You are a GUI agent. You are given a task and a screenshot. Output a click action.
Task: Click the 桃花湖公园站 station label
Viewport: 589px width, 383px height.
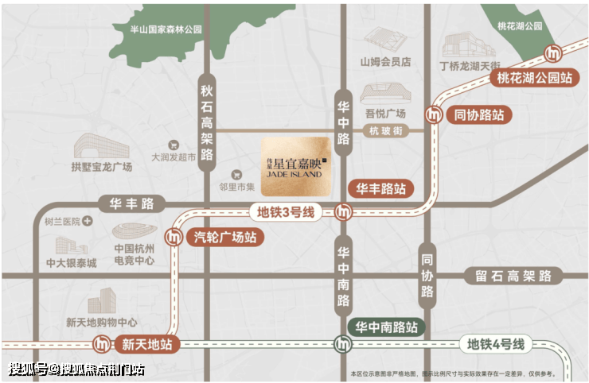534,78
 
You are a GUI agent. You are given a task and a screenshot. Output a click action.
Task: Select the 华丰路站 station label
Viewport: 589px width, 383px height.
380,189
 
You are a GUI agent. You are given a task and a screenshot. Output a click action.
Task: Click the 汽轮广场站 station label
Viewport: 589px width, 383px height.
225,236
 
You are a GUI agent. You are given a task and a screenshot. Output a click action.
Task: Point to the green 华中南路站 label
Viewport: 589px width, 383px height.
386,326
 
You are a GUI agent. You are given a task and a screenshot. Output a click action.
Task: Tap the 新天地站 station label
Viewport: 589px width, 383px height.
146,345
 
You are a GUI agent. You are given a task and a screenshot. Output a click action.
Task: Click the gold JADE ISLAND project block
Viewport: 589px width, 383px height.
295,157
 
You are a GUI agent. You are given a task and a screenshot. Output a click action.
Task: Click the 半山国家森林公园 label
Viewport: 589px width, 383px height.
167,29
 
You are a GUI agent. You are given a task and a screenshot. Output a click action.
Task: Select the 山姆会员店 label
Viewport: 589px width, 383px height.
384,60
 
